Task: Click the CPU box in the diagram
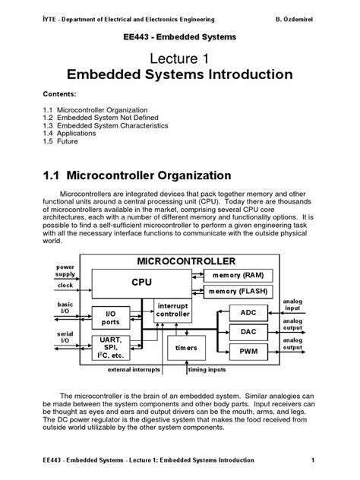pos(141,281)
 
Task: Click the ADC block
pos(248,312)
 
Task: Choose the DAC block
pos(248,332)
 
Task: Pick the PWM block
pos(248,352)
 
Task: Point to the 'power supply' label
pos(65,272)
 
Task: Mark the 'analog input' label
pos(293,305)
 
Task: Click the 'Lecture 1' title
pos(179,58)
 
